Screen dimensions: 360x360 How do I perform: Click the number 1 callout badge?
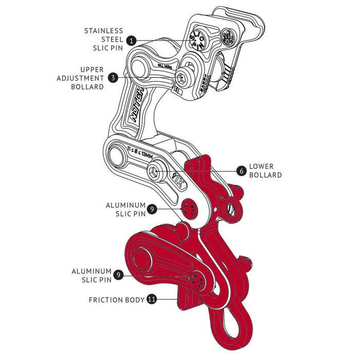point(132,40)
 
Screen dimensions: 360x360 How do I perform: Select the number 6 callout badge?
point(240,170)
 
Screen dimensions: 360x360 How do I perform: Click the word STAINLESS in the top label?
point(104,30)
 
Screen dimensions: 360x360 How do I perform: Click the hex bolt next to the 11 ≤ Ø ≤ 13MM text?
point(154,172)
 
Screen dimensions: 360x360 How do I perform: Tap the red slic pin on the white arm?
point(188,208)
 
